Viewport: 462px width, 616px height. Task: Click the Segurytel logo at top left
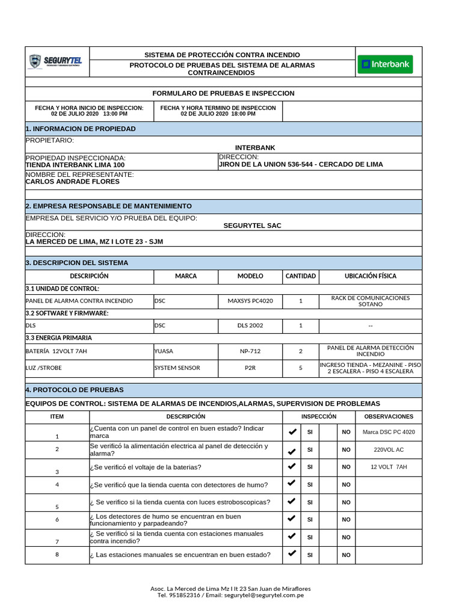pyautogui.click(x=57, y=61)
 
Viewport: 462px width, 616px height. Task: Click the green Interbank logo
pyautogui.click(x=385, y=64)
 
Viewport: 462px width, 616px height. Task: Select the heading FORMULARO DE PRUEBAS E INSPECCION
pyautogui.click(x=223, y=93)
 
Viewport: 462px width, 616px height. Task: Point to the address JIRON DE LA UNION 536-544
pyautogui.click(x=300, y=164)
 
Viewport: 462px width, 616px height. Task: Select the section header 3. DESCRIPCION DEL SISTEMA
pyautogui.click(x=76, y=263)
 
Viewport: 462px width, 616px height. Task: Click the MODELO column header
pyautogui.click(x=250, y=276)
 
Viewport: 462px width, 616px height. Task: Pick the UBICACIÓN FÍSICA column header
pyautogui.click(x=370, y=276)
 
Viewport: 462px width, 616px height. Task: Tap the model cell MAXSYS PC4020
pyautogui.click(x=250, y=301)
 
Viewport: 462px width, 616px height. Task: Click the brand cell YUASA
pyautogui.click(x=164, y=350)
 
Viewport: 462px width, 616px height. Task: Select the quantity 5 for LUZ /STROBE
pyautogui.click(x=301, y=368)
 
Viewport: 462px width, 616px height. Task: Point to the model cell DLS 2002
pyautogui.click(x=250, y=325)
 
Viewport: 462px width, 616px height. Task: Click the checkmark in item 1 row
pyautogui.click(x=292, y=432)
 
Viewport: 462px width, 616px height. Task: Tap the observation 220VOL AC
pyautogui.click(x=389, y=449)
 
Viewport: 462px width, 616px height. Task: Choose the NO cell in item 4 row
pyautogui.click(x=346, y=484)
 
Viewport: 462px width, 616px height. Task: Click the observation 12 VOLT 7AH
pyautogui.click(x=389, y=467)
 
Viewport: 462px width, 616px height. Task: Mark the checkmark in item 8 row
pyautogui.click(x=292, y=554)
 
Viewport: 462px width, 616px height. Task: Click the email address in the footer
pyautogui.click(x=264, y=596)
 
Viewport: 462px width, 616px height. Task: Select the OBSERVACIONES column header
pyautogui.click(x=389, y=416)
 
